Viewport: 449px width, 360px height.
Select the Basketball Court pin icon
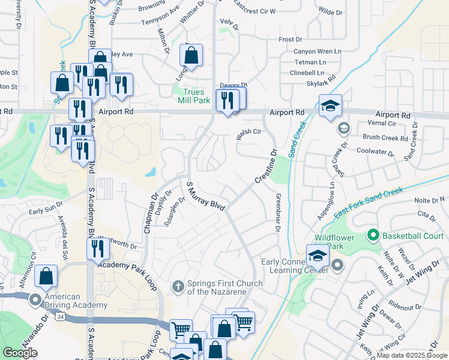click(x=373, y=235)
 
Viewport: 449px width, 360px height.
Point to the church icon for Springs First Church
click(x=178, y=287)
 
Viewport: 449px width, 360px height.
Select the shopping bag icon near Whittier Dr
click(x=191, y=56)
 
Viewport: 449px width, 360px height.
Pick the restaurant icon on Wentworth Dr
click(x=98, y=247)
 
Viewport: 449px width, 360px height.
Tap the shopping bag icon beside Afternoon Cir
click(x=46, y=277)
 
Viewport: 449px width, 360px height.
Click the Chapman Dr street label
click(x=150, y=214)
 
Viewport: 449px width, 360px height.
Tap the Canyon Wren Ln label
click(x=318, y=51)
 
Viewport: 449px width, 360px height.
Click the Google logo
click(x=20, y=352)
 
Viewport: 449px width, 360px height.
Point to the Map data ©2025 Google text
click(x=412, y=355)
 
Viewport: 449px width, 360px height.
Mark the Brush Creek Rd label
click(x=385, y=137)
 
